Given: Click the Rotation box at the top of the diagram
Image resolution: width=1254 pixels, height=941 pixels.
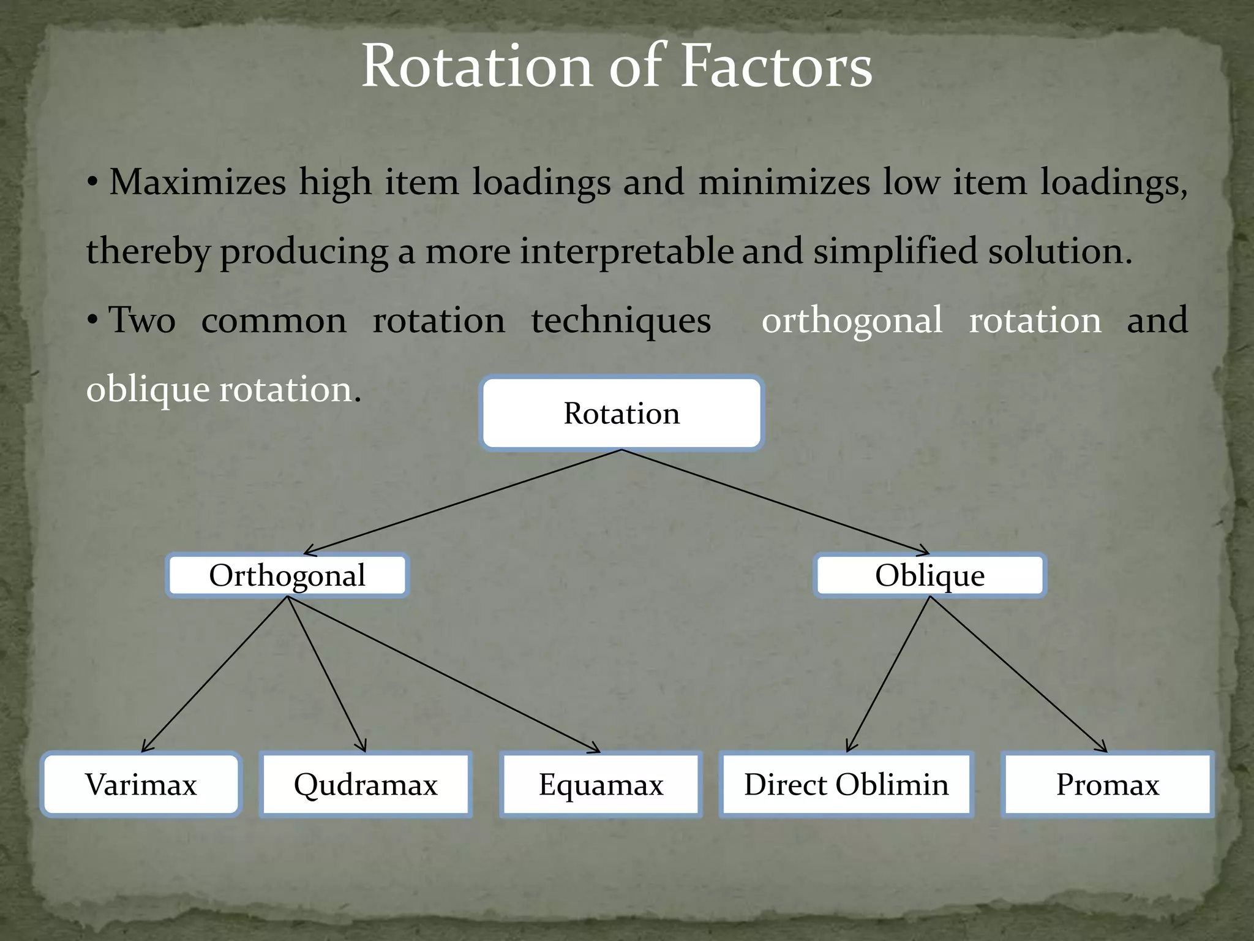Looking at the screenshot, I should tap(621, 414).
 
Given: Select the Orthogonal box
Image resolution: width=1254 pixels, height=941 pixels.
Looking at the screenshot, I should tap(287, 575).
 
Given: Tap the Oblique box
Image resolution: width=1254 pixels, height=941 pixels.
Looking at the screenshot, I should tap(929, 575).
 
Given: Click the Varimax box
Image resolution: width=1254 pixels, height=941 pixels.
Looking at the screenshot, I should tap(141, 785).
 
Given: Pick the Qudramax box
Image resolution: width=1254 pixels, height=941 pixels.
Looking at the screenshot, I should tap(366, 785).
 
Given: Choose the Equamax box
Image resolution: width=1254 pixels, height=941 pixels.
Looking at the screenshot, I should tap(601, 785).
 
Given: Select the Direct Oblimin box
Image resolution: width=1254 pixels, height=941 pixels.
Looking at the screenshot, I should tap(846, 785).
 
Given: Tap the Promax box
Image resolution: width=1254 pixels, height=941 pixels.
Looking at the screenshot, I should tap(1107, 785).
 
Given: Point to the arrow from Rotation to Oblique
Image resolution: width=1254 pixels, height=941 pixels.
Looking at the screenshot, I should tap(775, 502).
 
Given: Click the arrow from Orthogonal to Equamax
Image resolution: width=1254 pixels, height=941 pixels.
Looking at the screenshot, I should tap(443, 675).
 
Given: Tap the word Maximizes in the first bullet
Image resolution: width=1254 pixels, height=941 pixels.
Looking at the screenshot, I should tap(197, 183).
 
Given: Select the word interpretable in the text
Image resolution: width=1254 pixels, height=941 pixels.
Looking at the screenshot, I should tap(626, 252).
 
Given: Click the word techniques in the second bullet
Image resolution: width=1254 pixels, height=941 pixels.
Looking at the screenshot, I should tap(620, 320).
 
